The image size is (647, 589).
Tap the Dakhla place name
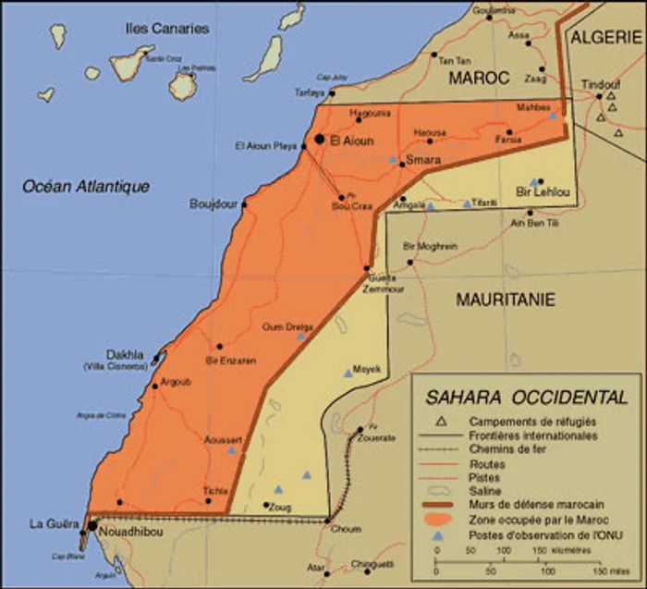(x=125, y=353)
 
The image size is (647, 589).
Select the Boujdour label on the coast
(x=214, y=203)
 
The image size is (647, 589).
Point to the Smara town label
(x=421, y=159)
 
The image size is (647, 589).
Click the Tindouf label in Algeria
(x=601, y=85)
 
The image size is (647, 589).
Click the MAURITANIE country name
(x=505, y=300)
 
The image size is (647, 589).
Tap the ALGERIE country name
(x=605, y=37)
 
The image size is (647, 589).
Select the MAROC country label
(x=479, y=80)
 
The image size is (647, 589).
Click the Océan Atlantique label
(x=86, y=187)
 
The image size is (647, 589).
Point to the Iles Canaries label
(x=167, y=28)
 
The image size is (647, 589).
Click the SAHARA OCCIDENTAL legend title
(x=526, y=398)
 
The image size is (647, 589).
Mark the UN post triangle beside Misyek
(x=348, y=373)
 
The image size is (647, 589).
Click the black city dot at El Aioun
(x=320, y=140)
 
